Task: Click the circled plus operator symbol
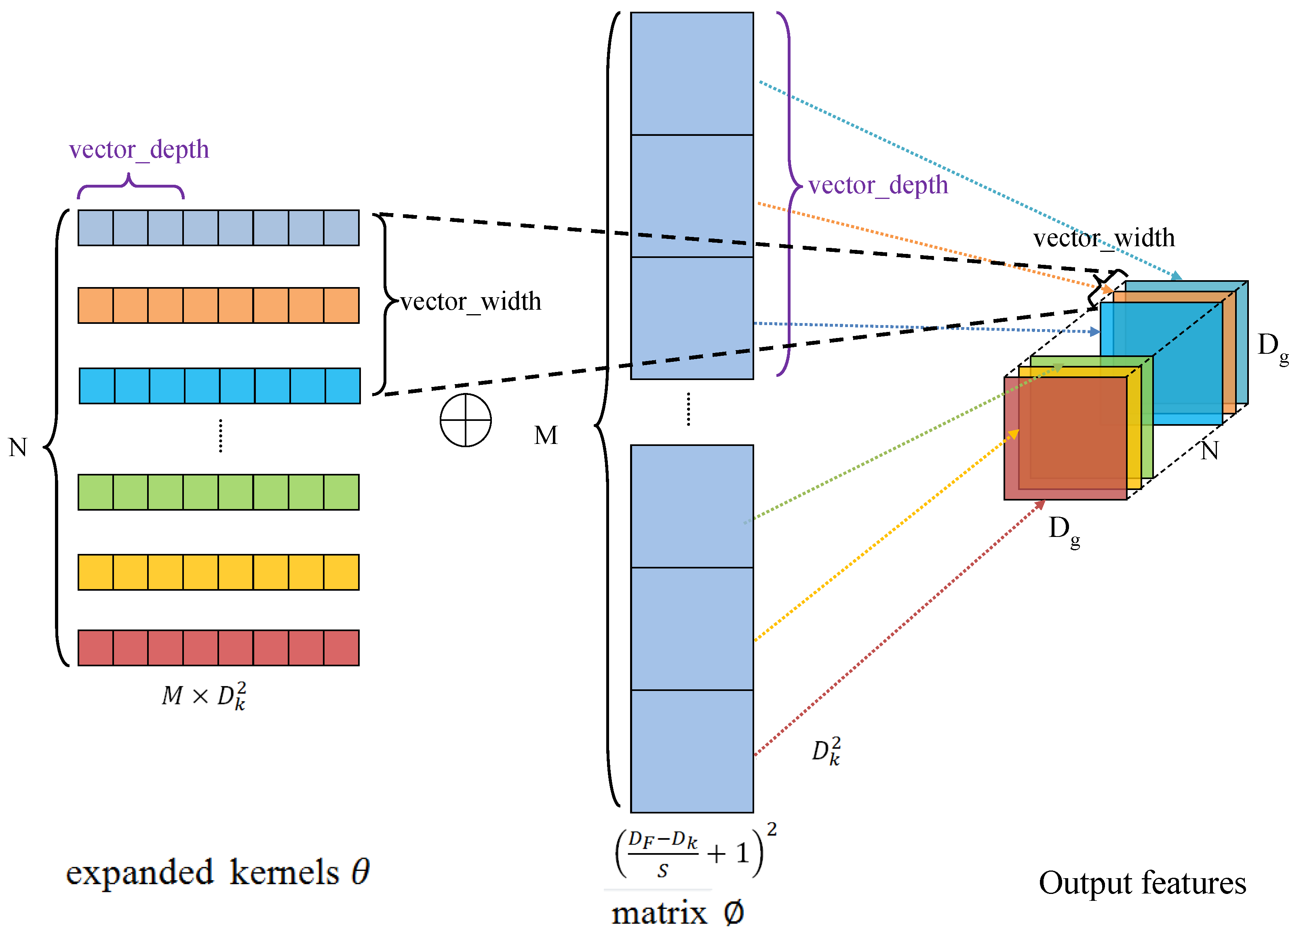tap(465, 420)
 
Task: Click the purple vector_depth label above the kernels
tap(139, 150)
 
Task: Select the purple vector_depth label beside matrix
tap(878, 185)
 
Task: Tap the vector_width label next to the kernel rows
tap(470, 302)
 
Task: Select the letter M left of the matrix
tap(546, 435)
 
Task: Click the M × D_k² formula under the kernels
tap(204, 696)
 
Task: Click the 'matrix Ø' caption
tap(677, 913)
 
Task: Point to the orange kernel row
tap(219, 306)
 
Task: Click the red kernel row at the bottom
tap(219, 648)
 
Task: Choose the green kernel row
tap(219, 492)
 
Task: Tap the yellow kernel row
tap(219, 572)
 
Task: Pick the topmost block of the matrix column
tap(692, 74)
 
